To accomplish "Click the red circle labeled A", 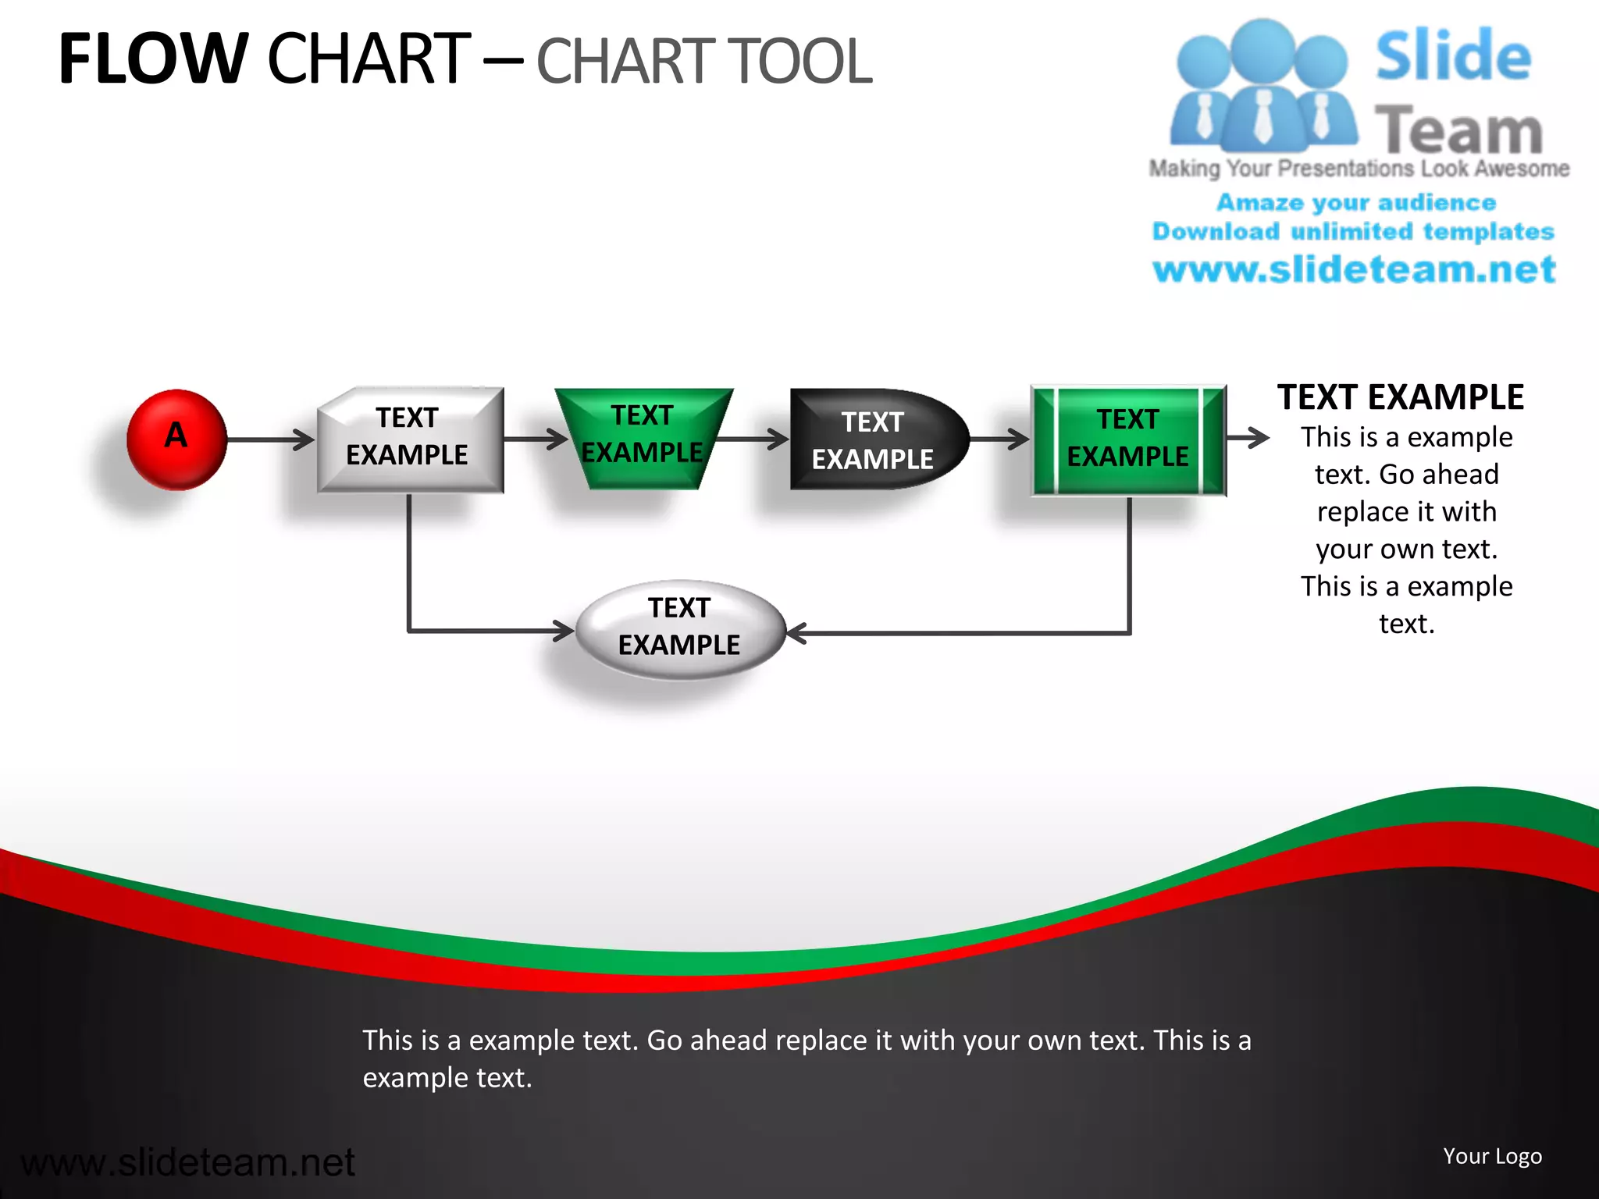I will (x=176, y=439).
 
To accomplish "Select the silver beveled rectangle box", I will (x=410, y=439).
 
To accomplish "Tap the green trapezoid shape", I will (x=643, y=438).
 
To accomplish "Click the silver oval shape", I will (x=679, y=629).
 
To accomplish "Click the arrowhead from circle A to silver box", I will (x=305, y=439).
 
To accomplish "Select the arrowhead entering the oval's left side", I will (x=565, y=630).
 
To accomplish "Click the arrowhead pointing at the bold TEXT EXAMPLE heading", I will (x=1259, y=438).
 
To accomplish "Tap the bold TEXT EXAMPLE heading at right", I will (x=1400, y=397).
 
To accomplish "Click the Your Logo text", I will (x=1492, y=1156).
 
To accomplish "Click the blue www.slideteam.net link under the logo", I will (x=1354, y=270).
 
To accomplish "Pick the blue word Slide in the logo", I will (x=1453, y=56).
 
